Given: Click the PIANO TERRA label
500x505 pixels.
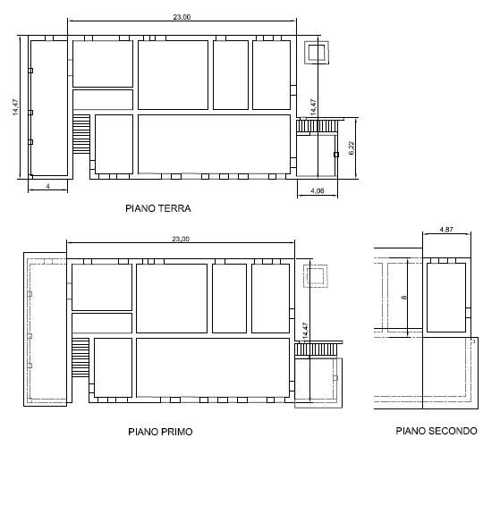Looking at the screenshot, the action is (158, 208).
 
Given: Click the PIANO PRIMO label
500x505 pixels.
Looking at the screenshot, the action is (160, 432).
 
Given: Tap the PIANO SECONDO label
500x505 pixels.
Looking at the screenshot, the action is (436, 431).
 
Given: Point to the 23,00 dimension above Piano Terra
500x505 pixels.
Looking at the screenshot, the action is (182, 17).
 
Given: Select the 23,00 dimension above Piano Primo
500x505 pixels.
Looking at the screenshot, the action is (181, 239).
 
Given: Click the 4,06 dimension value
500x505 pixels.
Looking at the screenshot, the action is (318, 190).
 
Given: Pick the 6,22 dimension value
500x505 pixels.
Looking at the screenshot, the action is (352, 147).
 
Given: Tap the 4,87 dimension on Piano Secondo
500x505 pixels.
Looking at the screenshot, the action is (446, 230).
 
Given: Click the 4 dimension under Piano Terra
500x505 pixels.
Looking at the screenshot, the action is (47, 186).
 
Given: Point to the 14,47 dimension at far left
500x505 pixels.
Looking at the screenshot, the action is (15, 107).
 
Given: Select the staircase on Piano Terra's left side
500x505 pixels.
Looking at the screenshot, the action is (81, 134).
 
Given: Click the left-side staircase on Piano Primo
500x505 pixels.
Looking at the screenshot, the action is (81, 358).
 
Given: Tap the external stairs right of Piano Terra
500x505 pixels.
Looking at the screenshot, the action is (318, 126).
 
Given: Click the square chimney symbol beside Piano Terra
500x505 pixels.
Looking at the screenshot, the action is (317, 53).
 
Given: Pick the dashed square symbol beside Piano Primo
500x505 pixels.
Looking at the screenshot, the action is (316, 275).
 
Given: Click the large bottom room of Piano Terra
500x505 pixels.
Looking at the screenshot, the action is (214, 144).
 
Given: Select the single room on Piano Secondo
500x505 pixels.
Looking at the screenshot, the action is (446, 298).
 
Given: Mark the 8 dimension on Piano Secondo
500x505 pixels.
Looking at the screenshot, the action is (403, 298).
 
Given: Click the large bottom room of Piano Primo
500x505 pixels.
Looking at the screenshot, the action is (213, 367).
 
